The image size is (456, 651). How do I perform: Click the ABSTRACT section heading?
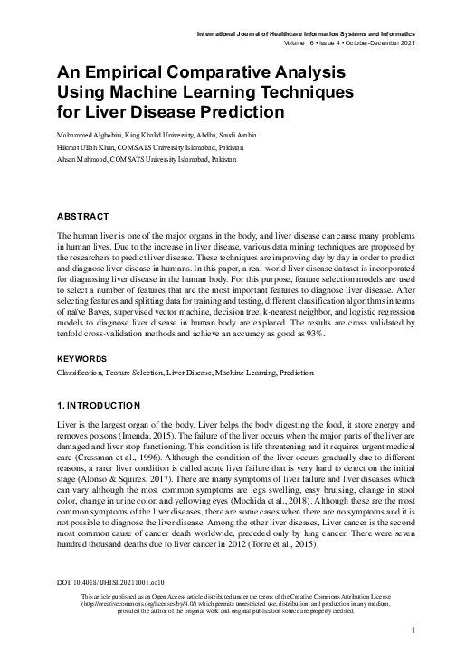pyautogui.click(x=83, y=218)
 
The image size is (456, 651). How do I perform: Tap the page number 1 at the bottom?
pyautogui.click(x=412, y=630)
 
